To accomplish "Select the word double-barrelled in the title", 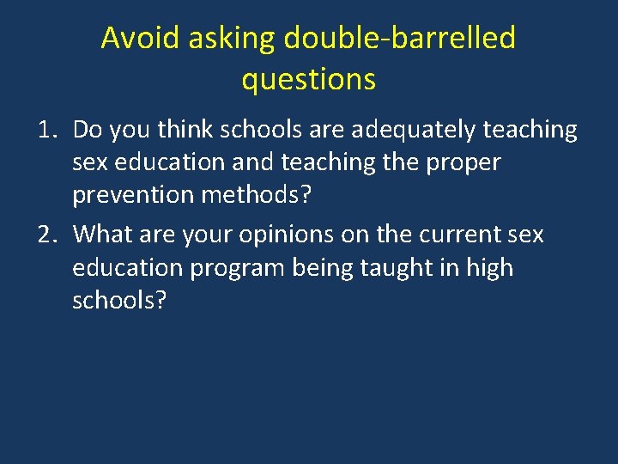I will click(x=399, y=38).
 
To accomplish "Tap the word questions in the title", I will click(x=308, y=79).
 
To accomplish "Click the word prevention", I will click(x=133, y=195).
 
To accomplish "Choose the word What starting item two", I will click(x=101, y=234).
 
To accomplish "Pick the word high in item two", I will click(x=489, y=267).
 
